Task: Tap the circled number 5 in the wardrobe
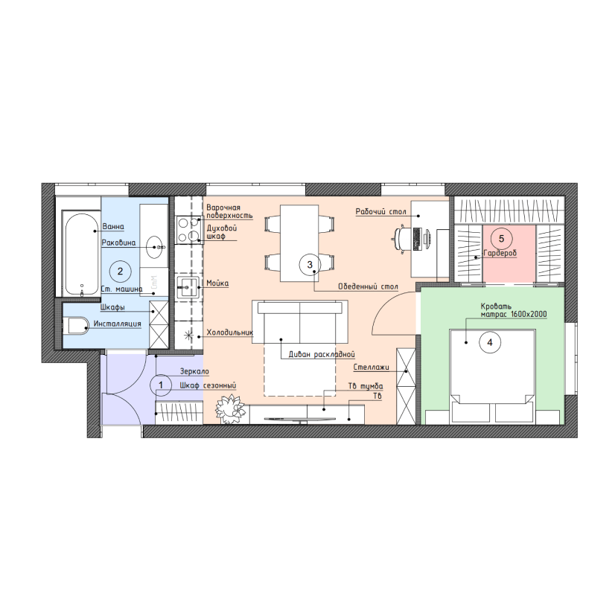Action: (x=501, y=239)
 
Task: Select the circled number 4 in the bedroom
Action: (x=490, y=342)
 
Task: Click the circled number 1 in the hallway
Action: (x=161, y=385)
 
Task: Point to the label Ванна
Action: (x=113, y=227)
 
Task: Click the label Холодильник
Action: (x=229, y=333)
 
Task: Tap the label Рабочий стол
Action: (x=381, y=212)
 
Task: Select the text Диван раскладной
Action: (x=322, y=354)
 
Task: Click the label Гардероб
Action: (x=500, y=253)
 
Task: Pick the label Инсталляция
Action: (x=118, y=324)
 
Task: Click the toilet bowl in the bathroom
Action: (x=76, y=326)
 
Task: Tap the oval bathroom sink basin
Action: (x=156, y=247)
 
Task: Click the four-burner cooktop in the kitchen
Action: (x=188, y=230)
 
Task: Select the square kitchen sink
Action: (x=188, y=288)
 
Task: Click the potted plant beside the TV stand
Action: (x=230, y=409)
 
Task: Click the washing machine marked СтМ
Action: (x=154, y=282)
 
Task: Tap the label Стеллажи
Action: (x=371, y=368)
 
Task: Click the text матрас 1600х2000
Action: (x=514, y=315)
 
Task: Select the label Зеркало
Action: (x=194, y=371)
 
